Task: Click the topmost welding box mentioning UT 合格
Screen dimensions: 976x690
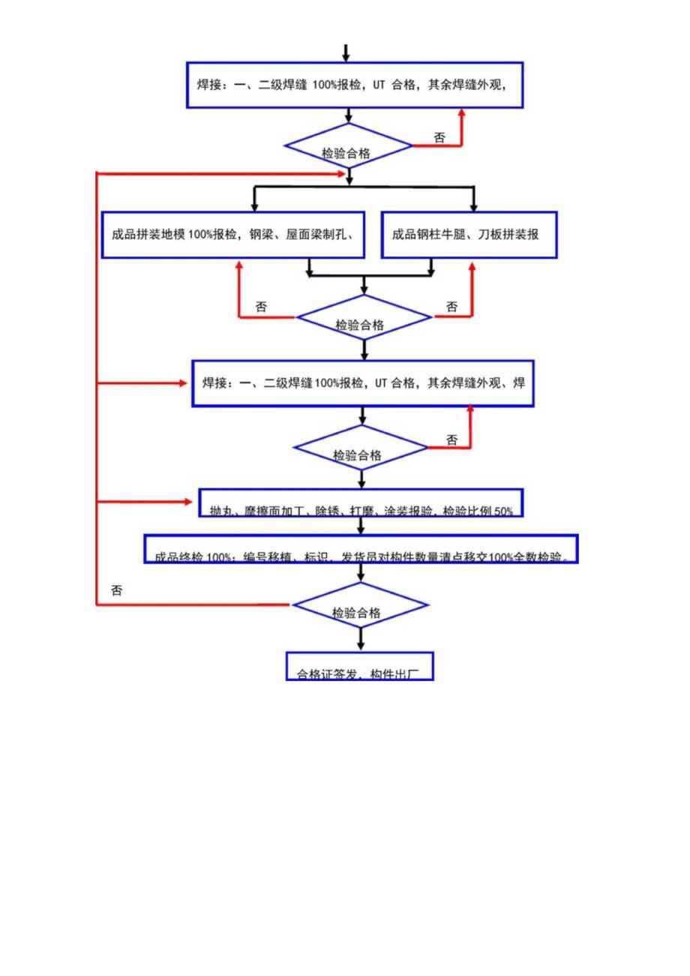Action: click(354, 85)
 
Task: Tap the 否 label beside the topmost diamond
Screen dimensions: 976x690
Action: click(439, 138)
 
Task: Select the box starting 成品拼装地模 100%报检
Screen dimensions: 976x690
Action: click(233, 235)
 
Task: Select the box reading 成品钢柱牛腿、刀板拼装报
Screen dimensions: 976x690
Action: click(469, 235)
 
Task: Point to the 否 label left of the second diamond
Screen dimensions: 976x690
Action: click(261, 306)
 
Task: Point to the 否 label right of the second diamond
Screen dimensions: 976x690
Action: click(452, 306)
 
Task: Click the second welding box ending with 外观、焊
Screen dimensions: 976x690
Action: click(363, 383)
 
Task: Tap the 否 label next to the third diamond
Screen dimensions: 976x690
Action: click(451, 440)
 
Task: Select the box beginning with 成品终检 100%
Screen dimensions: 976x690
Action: click(361, 550)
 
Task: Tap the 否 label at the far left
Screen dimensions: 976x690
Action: click(117, 590)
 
